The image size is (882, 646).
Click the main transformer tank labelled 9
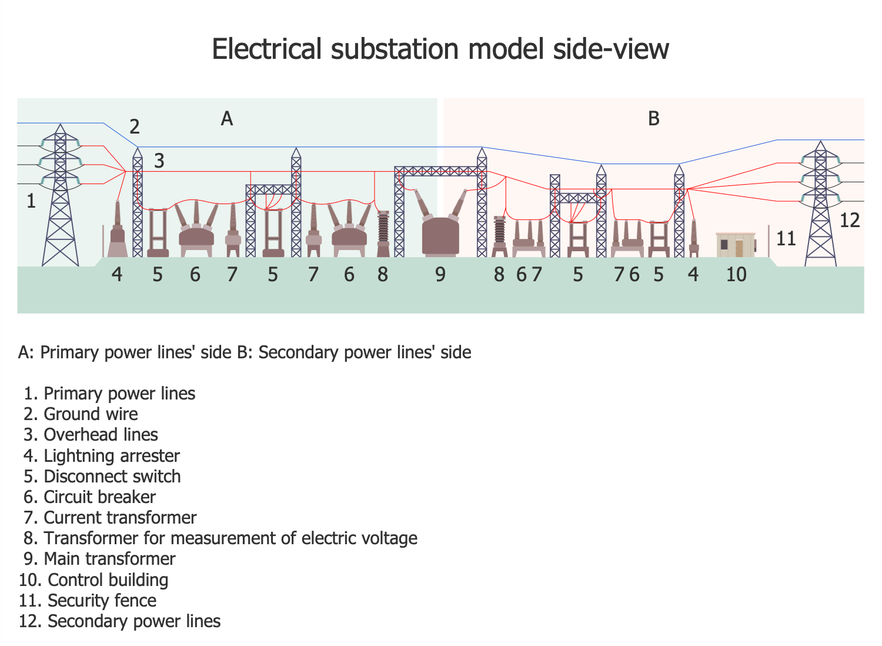tap(440, 237)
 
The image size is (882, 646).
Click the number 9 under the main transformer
tap(440, 274)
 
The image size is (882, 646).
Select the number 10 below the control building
tap(736, 274)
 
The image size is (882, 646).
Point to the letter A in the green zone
tap(227, 119)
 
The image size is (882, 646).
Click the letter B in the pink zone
tap(654, 119)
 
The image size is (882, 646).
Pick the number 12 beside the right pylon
tap(850, 221)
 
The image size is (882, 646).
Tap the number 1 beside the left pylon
tap(31, 202)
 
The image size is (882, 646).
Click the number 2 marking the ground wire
tap(135, 126)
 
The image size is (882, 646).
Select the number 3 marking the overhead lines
tap(159, 161)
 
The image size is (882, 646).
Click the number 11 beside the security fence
tap(786, 239)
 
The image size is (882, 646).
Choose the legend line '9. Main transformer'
tap(99, 559)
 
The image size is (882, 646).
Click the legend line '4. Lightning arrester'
tap(102, 456)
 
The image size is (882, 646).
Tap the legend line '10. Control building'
tap(93, 580)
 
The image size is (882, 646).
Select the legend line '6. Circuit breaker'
tap(89, 497)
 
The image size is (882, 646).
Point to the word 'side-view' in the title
tap(611, 48)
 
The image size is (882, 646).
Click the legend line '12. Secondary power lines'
tap(120, 621)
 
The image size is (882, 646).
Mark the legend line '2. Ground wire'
tap(81, 414)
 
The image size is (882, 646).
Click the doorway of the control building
tap(740, 248)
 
